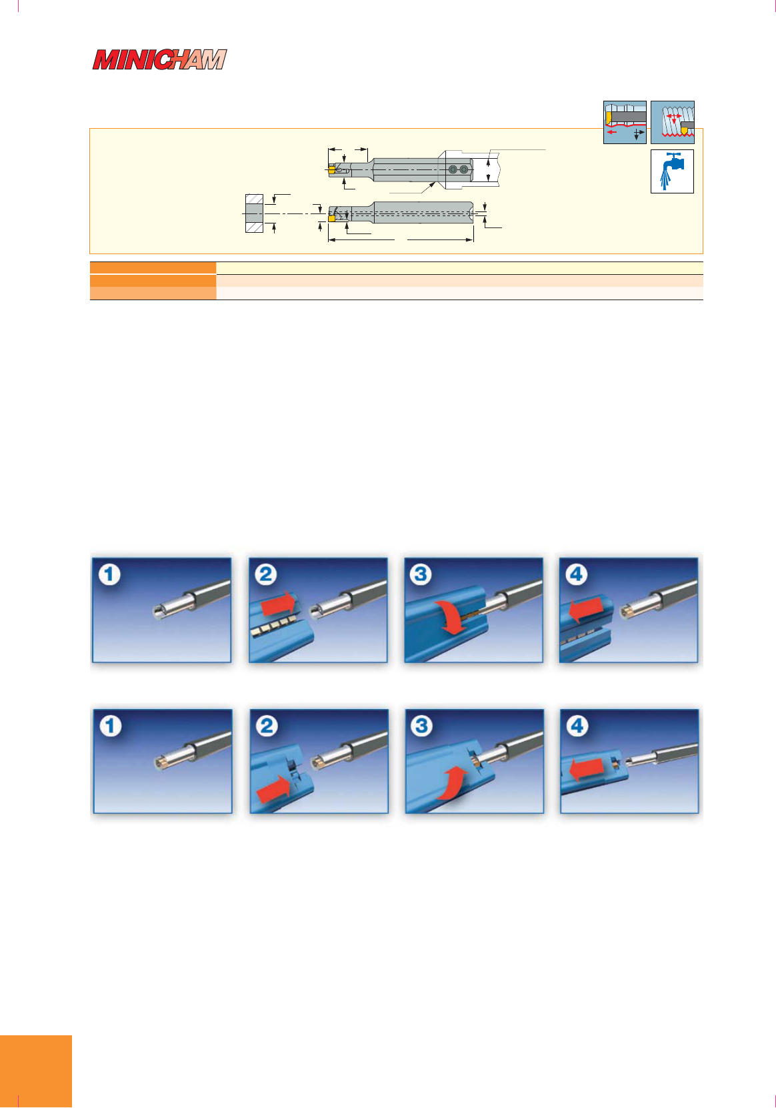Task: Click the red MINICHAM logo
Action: tap(159, 59)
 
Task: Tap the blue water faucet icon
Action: tap(672, 171)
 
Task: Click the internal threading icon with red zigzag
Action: tap(672, 122)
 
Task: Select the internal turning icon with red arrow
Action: tap(625, 122)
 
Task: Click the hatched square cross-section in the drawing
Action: tap(254, 213)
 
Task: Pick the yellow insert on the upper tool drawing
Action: tap(331, 169)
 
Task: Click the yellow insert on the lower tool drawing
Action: tap(332, 217)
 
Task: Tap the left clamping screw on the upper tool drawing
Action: tap(453, 169)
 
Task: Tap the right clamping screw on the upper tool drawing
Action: tap(463, 169)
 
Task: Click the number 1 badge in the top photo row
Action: tap(109, 575)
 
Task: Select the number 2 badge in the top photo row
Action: tap(265, 575)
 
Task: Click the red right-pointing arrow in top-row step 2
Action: tap(278, 604)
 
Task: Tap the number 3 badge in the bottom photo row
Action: tap(421, 726)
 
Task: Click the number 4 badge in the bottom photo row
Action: tap(577, 726)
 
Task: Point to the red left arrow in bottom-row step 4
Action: tap(587, 770)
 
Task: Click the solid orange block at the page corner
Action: tap(35, 1071)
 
